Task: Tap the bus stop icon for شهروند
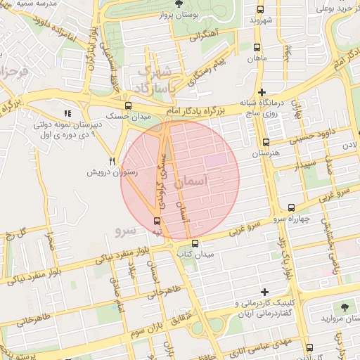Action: point(261,10)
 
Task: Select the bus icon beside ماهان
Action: point(256,49)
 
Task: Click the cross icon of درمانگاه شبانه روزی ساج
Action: point(262,92)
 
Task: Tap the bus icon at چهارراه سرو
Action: point(292,207)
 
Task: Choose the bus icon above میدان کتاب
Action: point(195,243)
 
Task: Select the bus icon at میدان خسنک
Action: point(127,104)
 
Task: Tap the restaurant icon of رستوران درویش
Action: point(112,161)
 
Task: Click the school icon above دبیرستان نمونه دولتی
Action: point(67,112)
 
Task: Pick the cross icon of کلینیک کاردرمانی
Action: point(264,292)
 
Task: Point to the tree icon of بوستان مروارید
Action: point(344,308)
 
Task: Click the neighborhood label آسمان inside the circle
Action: point(193,182)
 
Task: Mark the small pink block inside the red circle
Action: point(216,161)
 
